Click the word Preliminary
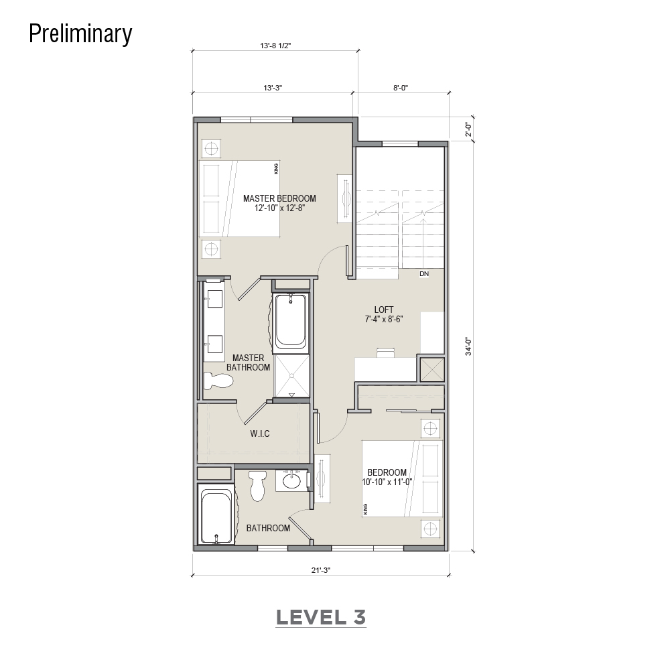(x=80, y=33)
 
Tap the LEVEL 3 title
(x=321, y=618)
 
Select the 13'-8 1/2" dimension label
(x=275, y=46)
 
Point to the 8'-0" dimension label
(x=401, y=88)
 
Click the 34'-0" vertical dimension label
(x=469, y=346)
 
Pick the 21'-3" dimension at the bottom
(x=321, y=570)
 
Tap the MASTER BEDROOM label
(x=279, y=199)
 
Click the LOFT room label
(x=384, y=310)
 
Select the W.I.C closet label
(x=260, y=434)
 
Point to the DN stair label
(x=424, y=274)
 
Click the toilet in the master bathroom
(x=218, y=381)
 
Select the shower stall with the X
(x=291, y=376)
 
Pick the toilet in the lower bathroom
(x=258, y=486)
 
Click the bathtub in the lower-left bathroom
(x=216, y=517)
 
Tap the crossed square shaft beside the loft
(x=432, y=369)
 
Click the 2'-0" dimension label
(x=469, y=129)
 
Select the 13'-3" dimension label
(x=273, y=88)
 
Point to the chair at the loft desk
(x=385, y=352)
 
